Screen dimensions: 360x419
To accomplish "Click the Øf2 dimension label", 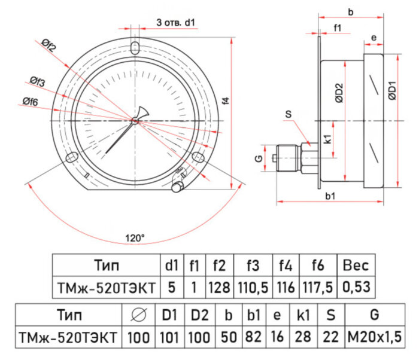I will (x=48, y=45).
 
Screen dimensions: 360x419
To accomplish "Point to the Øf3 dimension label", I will (x=38, y=81).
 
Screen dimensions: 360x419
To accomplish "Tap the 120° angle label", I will (x=135, y=237).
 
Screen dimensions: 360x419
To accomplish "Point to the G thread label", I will (x=259, y=158).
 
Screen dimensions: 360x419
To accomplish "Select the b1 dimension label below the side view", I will (x=329, y=196).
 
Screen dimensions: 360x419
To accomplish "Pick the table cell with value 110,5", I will (x=253, y=288).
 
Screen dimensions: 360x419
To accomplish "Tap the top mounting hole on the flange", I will (x=136, y=47).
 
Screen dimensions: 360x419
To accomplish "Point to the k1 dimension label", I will (x=328, y=140).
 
